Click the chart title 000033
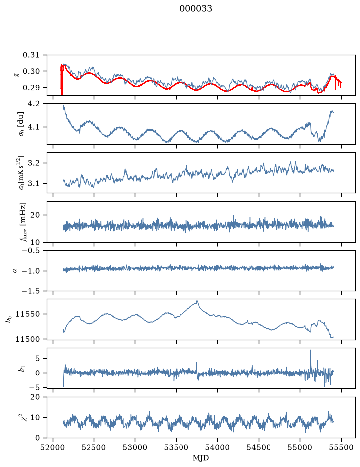point(196,9)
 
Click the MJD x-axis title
point(201,458)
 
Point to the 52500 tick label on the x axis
point(94,447)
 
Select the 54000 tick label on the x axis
point(217,447)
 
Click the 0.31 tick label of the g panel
point(31,55)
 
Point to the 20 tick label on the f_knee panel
point(35,215)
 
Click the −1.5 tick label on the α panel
point(31,291)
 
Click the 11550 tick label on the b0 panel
point(27,314)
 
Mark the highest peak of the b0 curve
point(197,301)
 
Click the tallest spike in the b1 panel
point(311,350)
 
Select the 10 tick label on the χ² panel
point(35,418)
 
